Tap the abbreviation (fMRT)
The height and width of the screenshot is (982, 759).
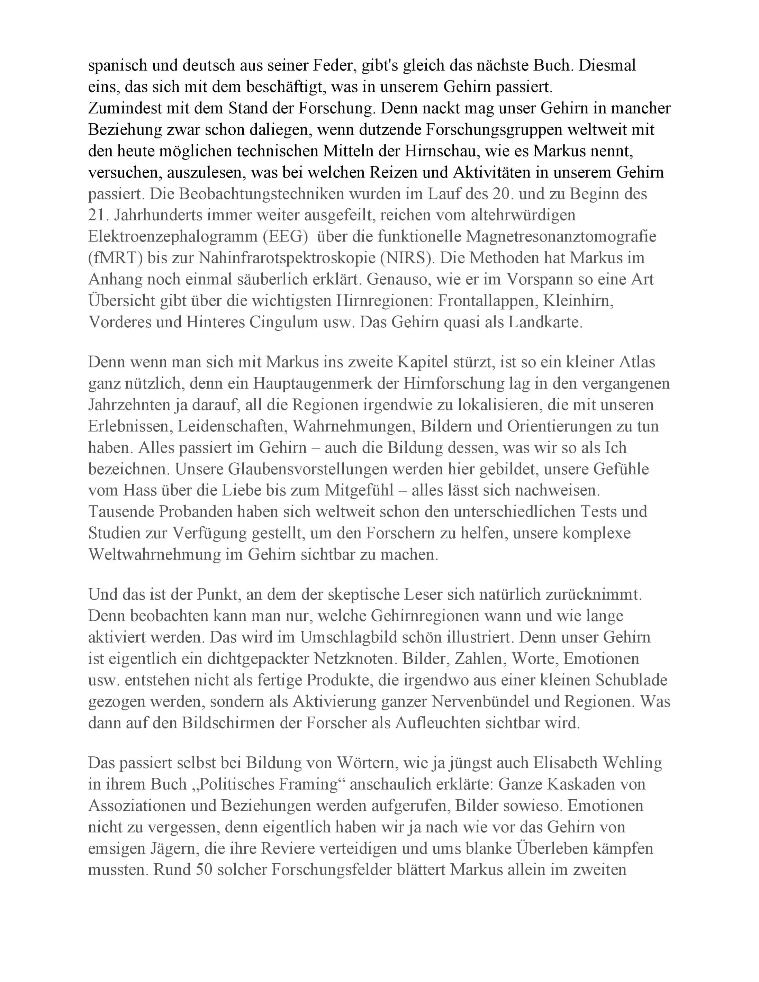point(116,258)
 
